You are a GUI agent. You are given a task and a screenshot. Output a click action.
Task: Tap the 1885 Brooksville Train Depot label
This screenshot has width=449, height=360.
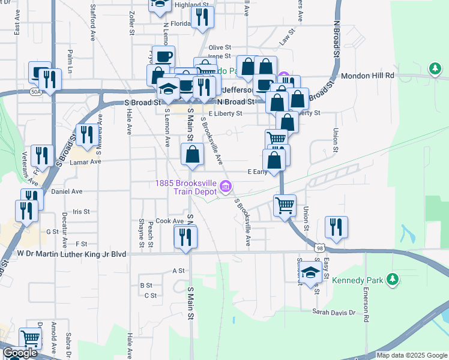click(185, 187)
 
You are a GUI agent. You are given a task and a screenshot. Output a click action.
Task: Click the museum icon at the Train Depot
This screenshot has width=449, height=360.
click(225, 187)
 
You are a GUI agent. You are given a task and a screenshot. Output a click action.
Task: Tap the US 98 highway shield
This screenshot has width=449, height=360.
click(319, 247)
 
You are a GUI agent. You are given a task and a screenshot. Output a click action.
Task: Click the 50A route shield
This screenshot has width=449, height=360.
click(37, 92)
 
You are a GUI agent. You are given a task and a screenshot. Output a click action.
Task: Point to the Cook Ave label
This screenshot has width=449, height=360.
click(169, 221)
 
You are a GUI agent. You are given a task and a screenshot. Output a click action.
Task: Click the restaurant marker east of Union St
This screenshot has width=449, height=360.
click(336, 227)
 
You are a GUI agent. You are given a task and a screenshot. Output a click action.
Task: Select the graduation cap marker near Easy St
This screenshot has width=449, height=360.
click(310, 272)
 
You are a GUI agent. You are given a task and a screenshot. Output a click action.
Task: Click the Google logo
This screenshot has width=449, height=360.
click(20, 353)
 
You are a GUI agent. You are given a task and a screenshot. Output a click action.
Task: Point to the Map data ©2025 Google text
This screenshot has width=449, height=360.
click(412, 355)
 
